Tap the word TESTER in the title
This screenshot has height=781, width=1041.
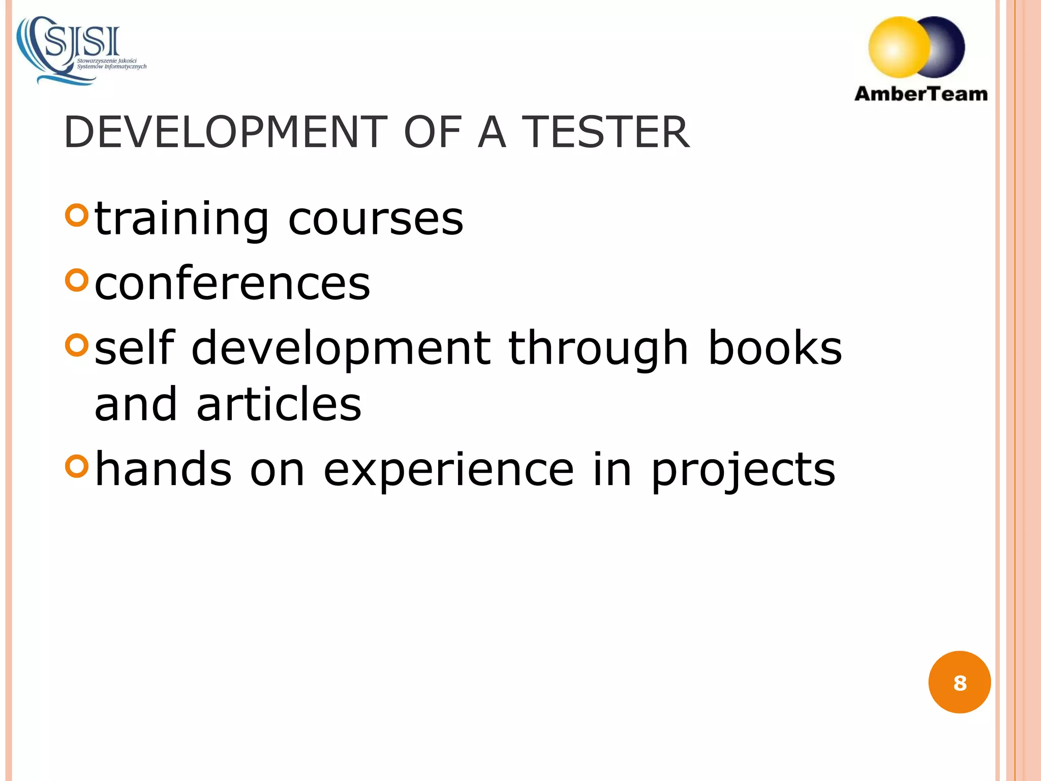click(606, 132)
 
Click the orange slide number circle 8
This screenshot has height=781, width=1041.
click(959, 682)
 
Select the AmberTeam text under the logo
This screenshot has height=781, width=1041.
click(921, 94)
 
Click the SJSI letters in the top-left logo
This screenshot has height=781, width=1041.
click(83, 42)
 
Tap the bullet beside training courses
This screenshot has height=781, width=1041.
click(77, 215)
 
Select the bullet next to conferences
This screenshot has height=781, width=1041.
click(77, 280)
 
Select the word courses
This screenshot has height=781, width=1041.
click(376, 220)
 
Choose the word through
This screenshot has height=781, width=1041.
click(598, 349)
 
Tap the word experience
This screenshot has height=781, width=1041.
click(449, 470)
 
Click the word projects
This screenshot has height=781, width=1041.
click(743, 470)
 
